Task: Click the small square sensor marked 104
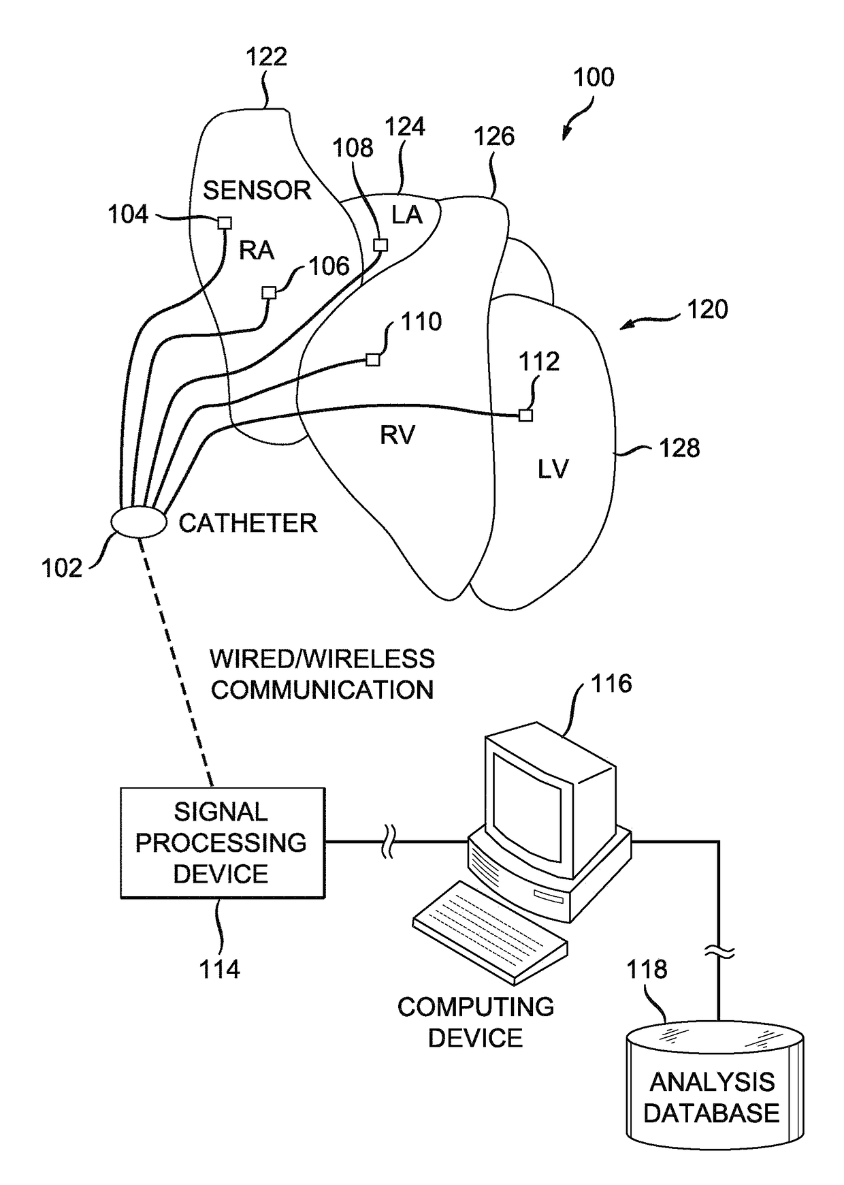225,223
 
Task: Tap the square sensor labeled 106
270,293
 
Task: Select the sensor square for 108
381,245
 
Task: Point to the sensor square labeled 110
372,360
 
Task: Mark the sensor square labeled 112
525,415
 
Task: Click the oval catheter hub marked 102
139,522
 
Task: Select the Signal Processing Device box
223,842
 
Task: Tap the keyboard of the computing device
490,931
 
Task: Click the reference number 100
594,78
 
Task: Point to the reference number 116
611,684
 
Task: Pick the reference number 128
679,448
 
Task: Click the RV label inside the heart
397,435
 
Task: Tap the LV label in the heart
553,469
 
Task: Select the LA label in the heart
407,215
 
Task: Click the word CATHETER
248,523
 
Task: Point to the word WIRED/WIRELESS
322,659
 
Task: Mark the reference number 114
219,969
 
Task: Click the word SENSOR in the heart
257,190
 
